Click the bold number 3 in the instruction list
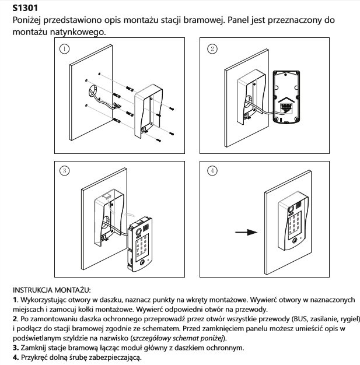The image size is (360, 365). tap(15, 348)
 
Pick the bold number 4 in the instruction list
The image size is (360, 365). tap(15, 357)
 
